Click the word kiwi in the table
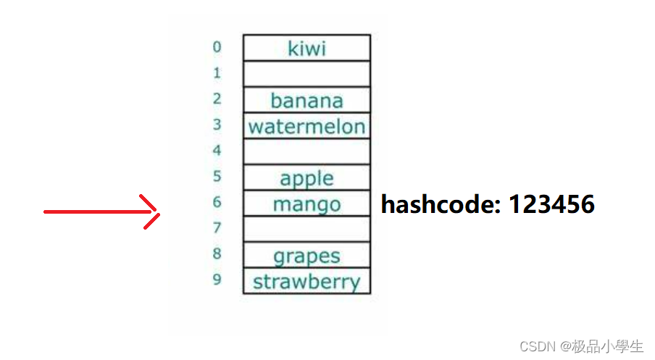306,49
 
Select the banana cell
306,100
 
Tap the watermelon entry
306,127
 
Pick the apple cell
306,178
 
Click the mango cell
306,204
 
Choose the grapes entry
306,256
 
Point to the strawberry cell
306,282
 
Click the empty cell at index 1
306,74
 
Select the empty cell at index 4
306,152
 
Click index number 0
217,47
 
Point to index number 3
217,125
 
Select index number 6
217,202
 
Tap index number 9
217,280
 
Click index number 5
217,176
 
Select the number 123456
551,205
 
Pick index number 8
217,254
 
